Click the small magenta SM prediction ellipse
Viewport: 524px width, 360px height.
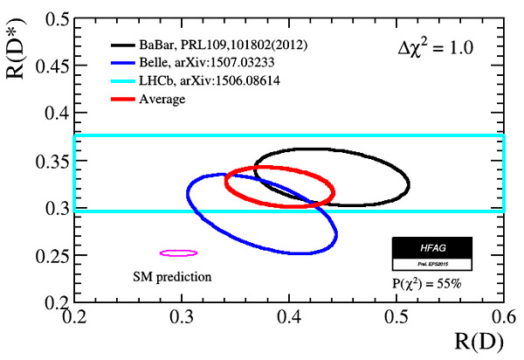[x=178, y=253]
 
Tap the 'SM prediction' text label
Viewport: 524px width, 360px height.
[x=173, y=277]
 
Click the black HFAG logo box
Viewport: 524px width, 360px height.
[x=431, y=248]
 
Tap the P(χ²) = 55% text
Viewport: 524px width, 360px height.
[x=431, y=283]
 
